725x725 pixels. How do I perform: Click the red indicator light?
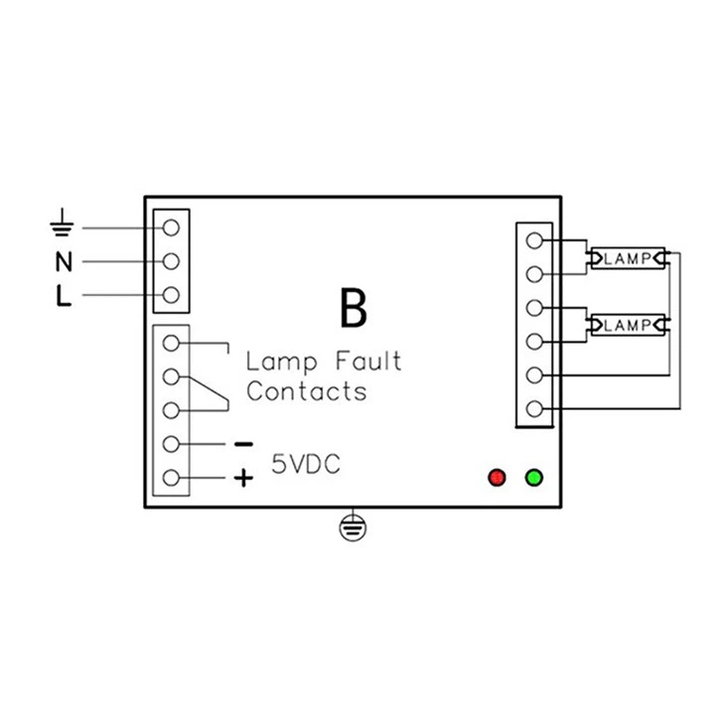[x=498, y=478]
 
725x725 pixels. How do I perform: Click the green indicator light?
[x=534, y=478]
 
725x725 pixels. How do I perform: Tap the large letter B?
[x=353, y=309]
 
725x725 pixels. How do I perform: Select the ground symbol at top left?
[x=63, y=225]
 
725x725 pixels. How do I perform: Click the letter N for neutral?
[x=63, y=262]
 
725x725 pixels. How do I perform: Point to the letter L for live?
[x=63, y=297]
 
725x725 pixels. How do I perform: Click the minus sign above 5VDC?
[x=243, y=444]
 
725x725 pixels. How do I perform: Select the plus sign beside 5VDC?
[x=243, y=479]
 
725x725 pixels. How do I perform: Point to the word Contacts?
[x=306, y=390]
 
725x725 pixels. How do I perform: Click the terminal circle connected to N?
[x=171, y=262]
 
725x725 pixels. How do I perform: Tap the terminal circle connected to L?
[x=171, y=296]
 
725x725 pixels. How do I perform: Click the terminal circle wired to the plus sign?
[x=171, y=478]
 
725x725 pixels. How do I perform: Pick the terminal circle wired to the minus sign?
[x=171, y=444]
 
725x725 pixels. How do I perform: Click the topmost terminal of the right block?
[x=535, y=239]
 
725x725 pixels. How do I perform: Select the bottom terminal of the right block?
[x=535, y=408]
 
